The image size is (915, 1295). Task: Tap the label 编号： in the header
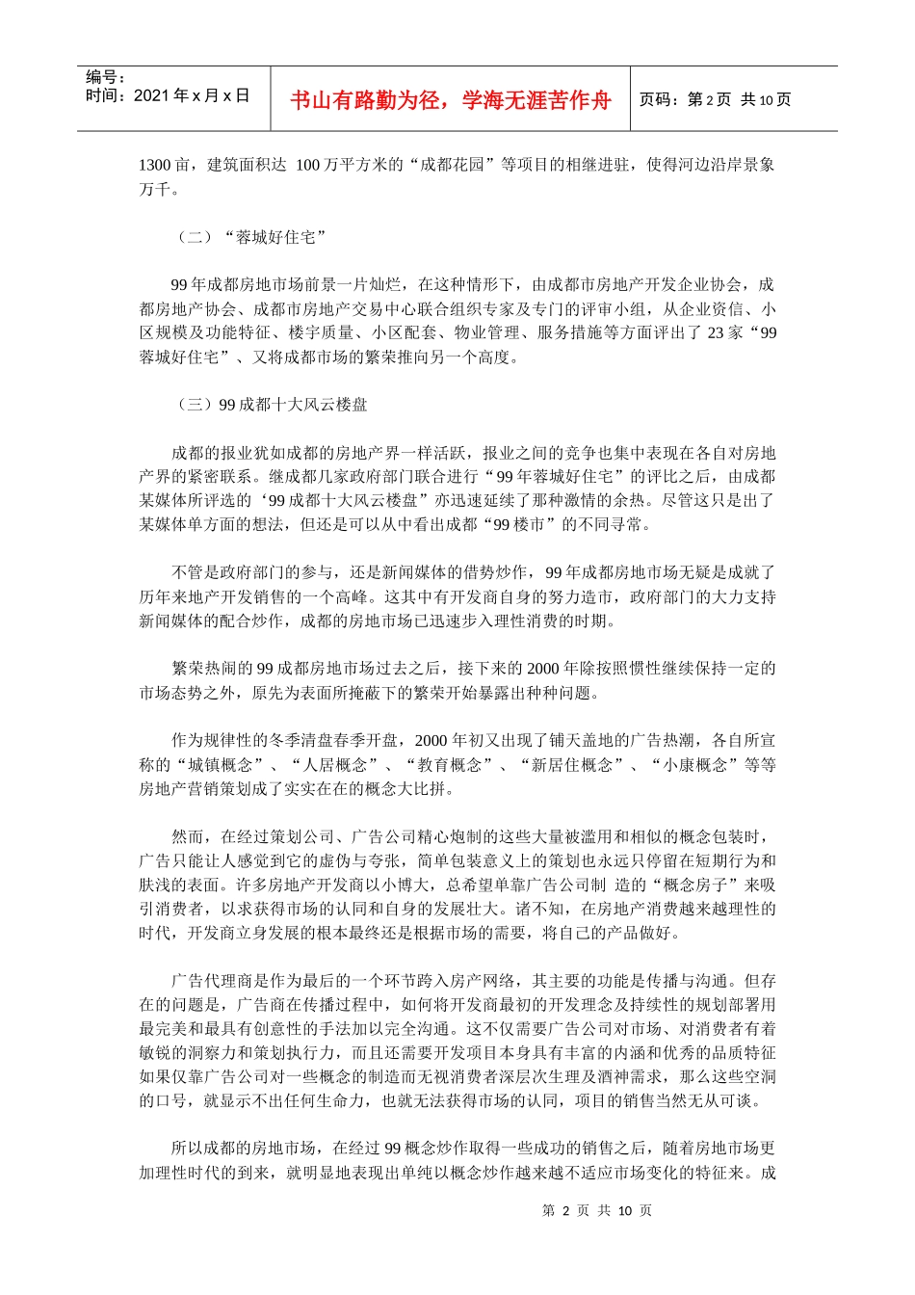(x=106, y=77)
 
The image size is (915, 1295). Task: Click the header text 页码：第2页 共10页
(x=715, y=100)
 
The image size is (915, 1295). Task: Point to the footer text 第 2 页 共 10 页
(x=597, y=1210)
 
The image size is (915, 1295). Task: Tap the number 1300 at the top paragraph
(x=155, y=165)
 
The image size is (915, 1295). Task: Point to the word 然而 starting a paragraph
(x=188, y=837)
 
